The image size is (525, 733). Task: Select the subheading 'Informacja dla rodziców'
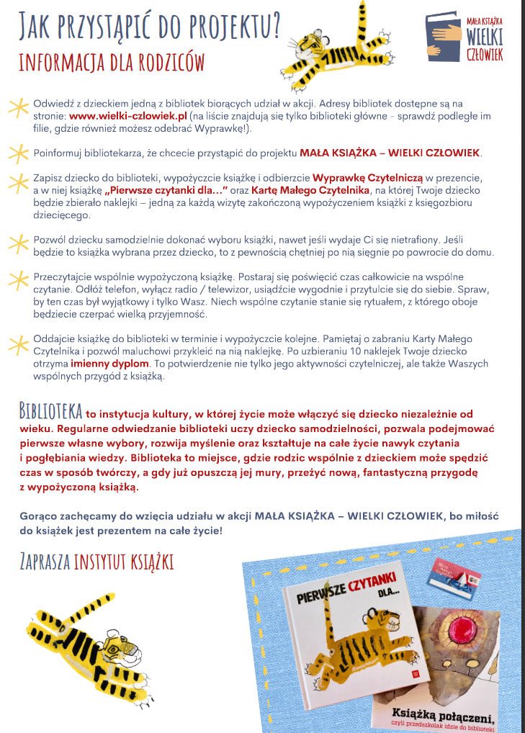112,61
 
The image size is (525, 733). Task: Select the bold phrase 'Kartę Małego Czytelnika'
306,190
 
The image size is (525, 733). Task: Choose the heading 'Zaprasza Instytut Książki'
97,561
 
